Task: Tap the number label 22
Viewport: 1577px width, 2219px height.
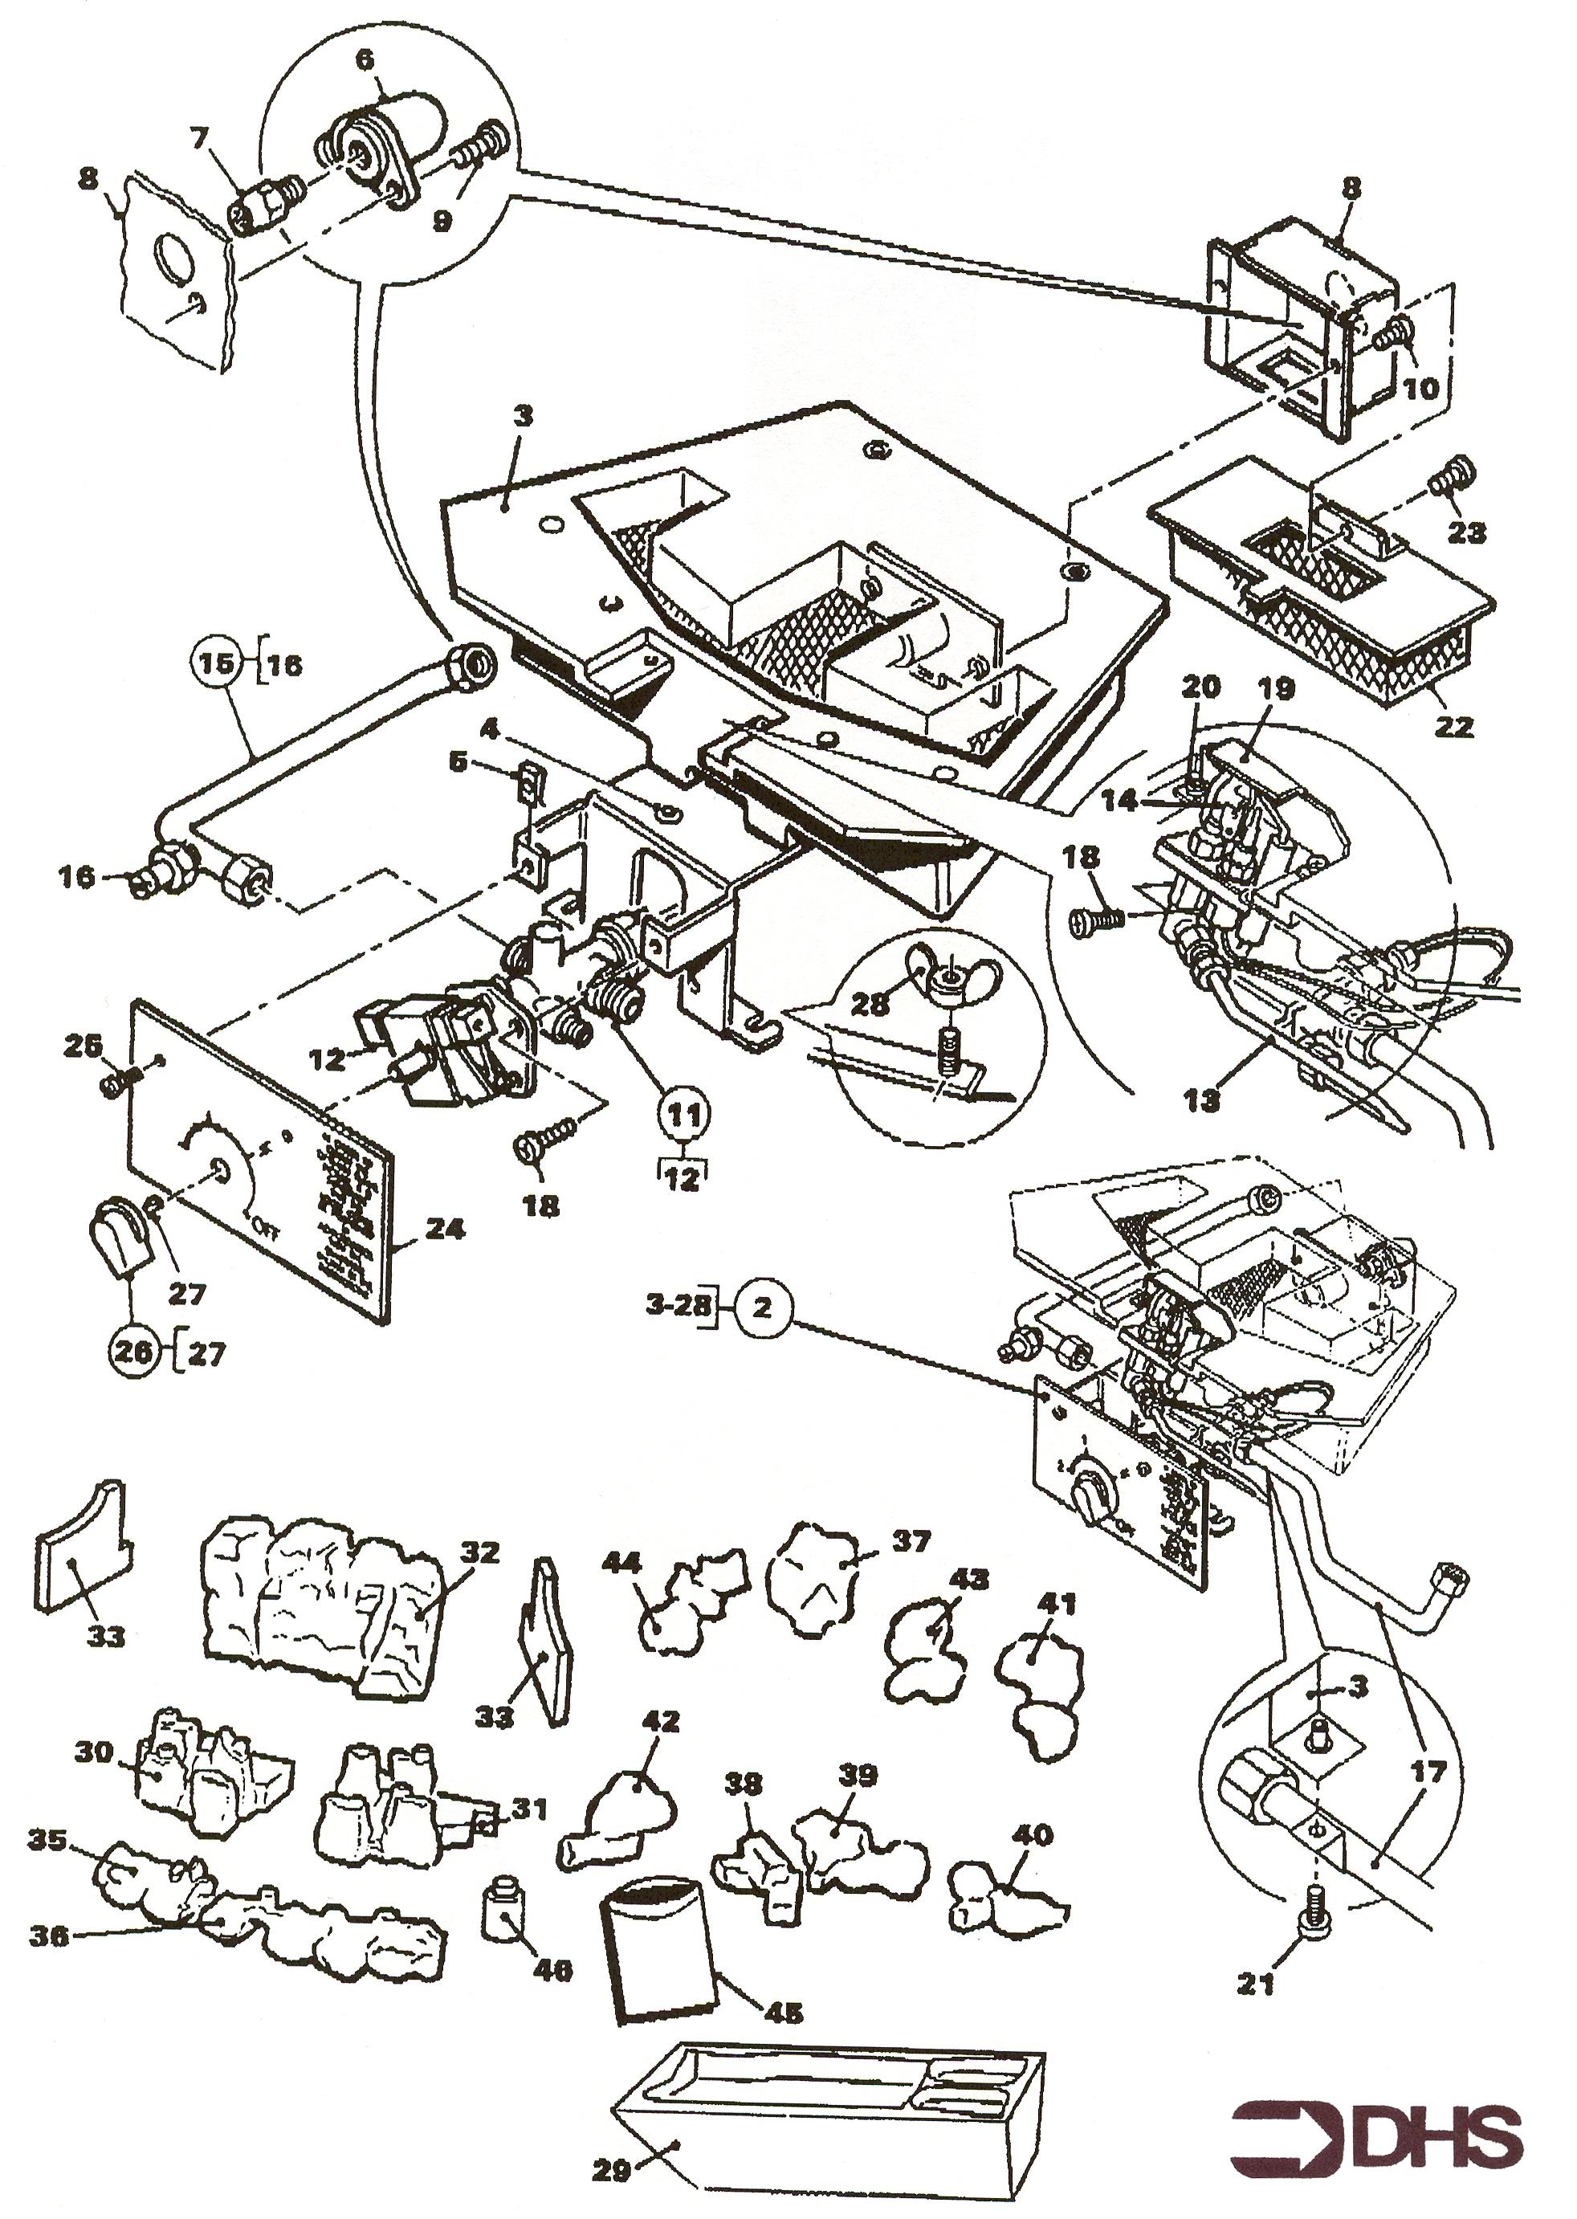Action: (1453, 725)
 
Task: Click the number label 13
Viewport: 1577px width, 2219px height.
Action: (1202, 1101)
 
